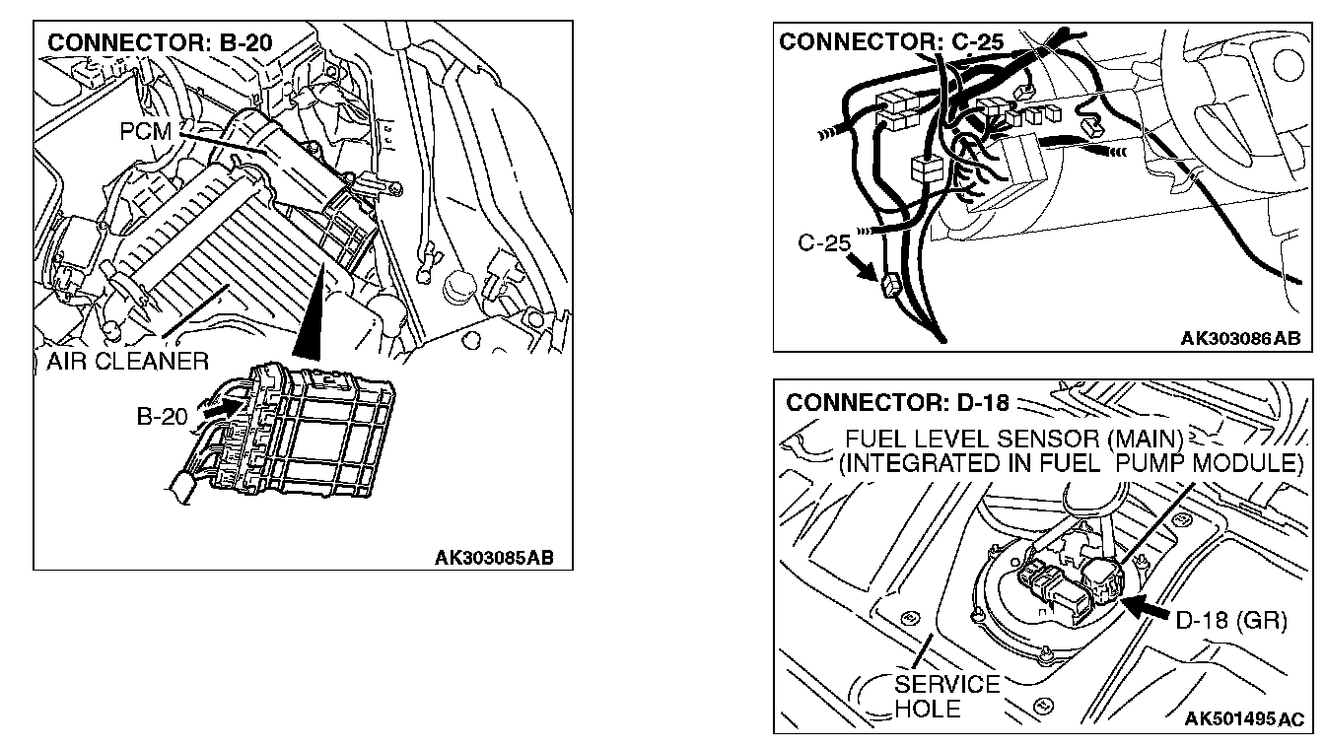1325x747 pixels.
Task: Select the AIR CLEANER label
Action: (x=127, y=361)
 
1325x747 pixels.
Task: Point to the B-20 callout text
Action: (x=162, y=417)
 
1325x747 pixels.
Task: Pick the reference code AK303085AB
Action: (x=494, y=558)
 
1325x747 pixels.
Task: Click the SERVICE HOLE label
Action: (x=946, y=696)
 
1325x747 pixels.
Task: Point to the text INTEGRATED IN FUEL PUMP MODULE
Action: (x=1070, y=463)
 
